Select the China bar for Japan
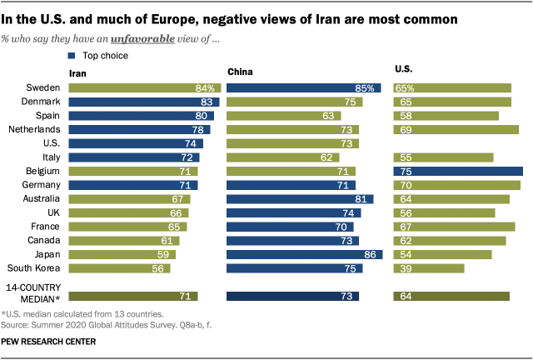click(305, 254)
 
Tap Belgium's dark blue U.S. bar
click(458, 171)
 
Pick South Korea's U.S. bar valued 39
click(429, 268)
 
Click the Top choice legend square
click(72, 56)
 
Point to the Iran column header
click(77, 72)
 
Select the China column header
click(240, 72)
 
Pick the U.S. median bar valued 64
click(451, 296)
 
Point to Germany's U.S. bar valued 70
click(456, 185)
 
